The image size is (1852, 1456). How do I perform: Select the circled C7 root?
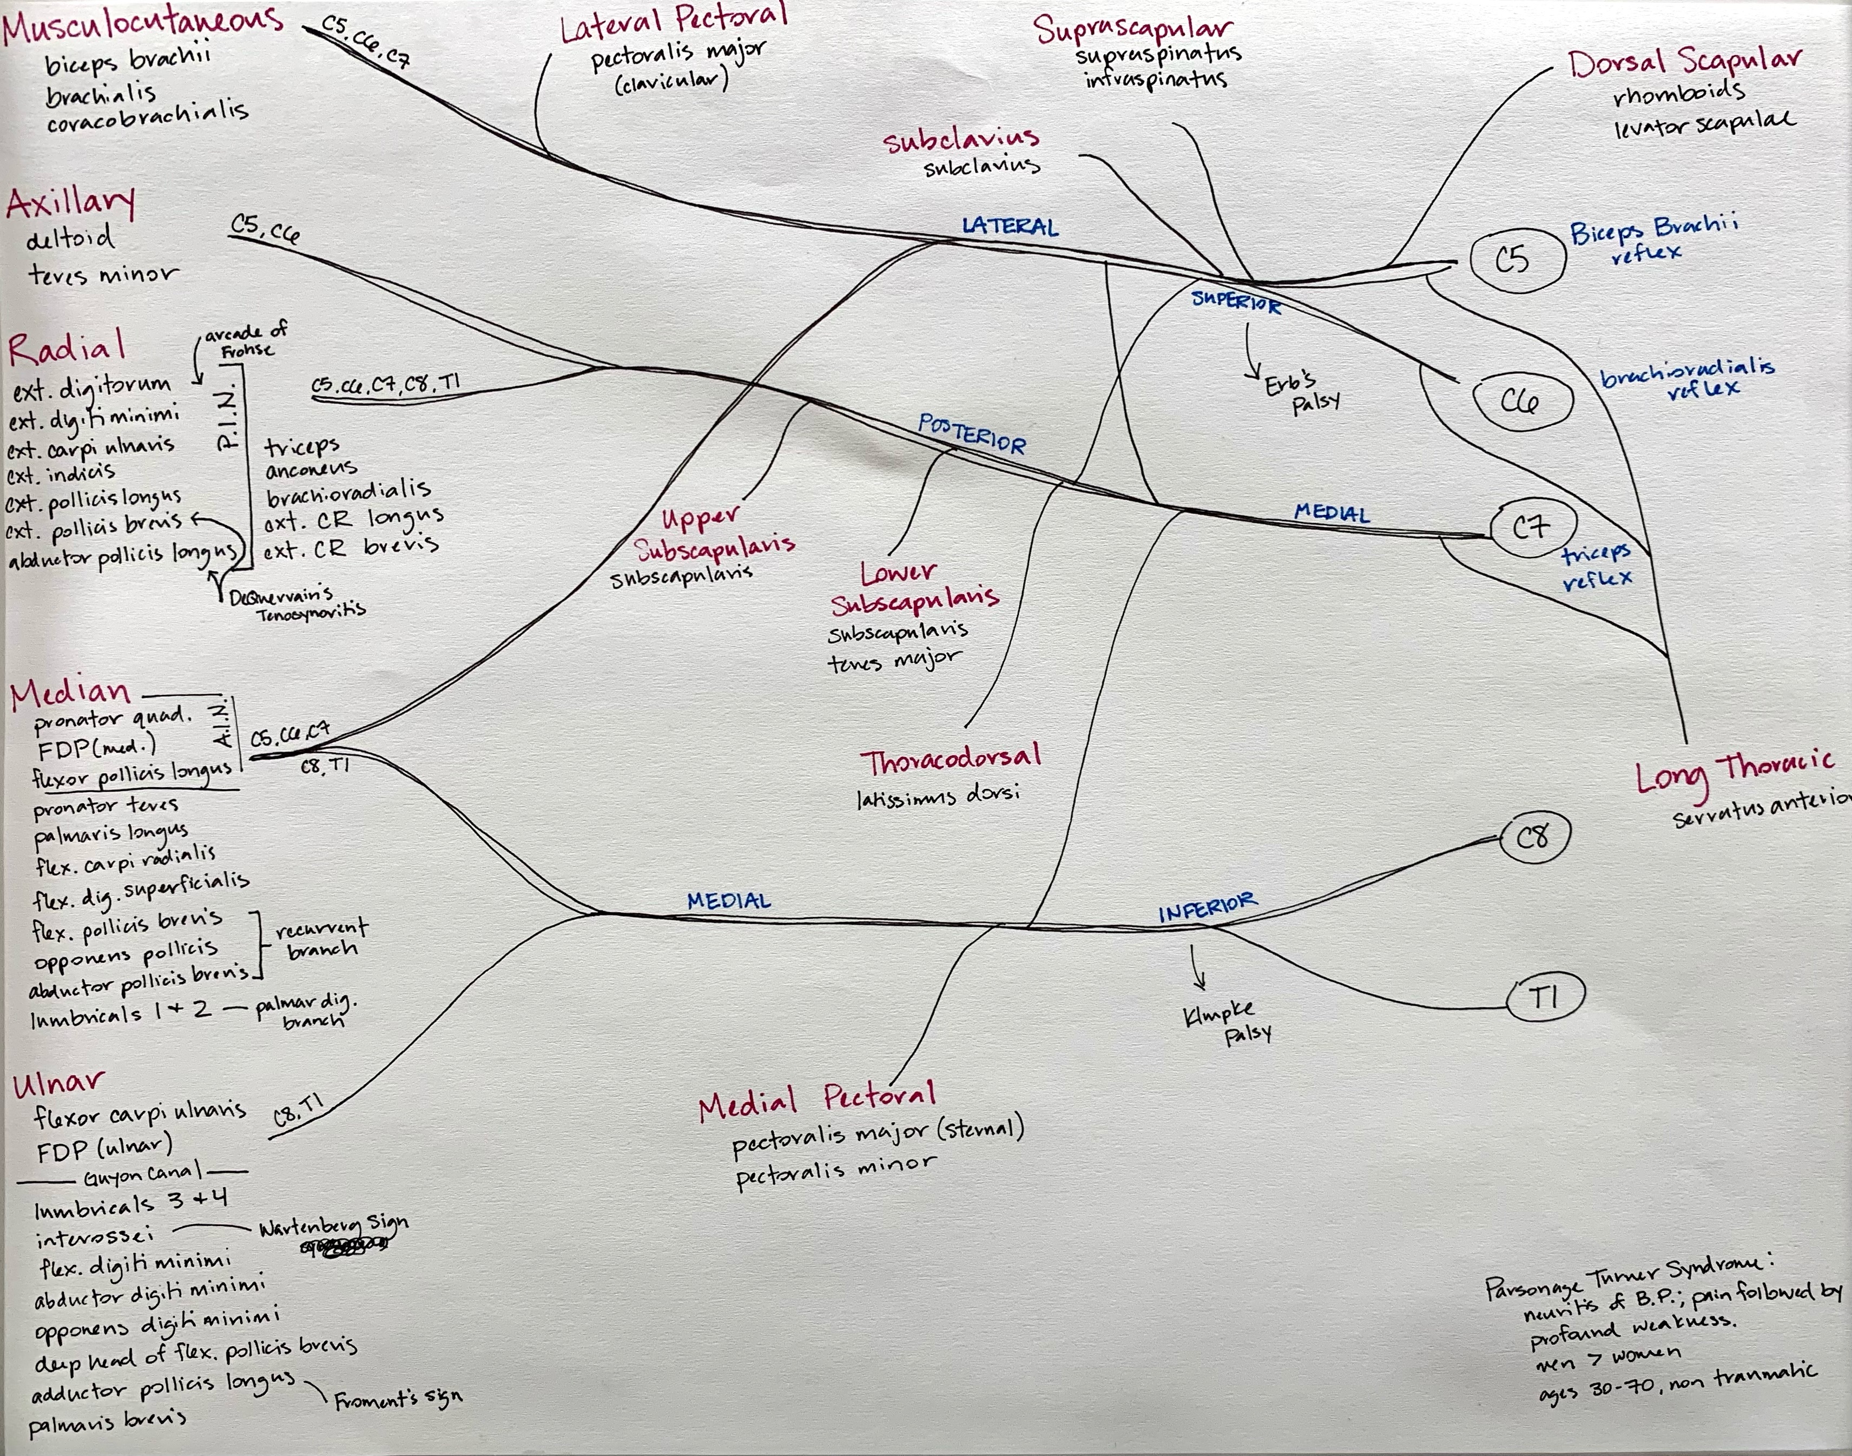point(1532,529)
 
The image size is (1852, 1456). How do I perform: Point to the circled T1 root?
point(1545,997)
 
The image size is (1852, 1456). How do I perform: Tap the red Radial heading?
point(67,348)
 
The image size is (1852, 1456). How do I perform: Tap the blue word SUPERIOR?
point(1236,301)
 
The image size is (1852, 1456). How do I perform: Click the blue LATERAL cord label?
point(1010,226)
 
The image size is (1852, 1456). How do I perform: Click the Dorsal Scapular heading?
point(1684,61)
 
